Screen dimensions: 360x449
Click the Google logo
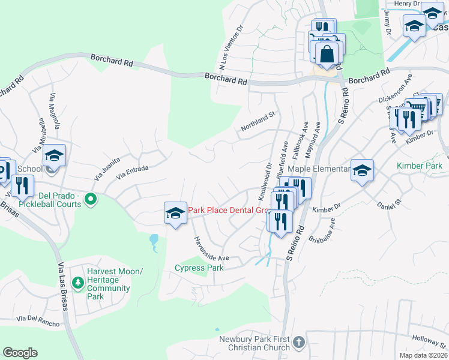pyautogui.click(x=20, y=353)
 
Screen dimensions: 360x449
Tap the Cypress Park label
pyautogui.click(x=199, y=268)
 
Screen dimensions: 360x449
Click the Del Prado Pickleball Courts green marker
pyautogui.click(x=91, y=199)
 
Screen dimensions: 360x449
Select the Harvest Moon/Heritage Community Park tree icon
pyautogui.click(x=77, y=281)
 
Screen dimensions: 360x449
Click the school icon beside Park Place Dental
pyautogui.click(x=175, y=212)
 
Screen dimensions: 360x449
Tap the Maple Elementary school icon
pyautogui.click(x=363, y=170)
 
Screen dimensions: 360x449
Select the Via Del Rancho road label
pyautogui.click(x=38, y=321)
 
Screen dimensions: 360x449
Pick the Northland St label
pyautogui.click(x=258, y=121)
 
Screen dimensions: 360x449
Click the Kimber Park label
pyautogui.click(x=419, y=165)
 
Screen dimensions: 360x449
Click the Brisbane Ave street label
pyautogui.click(x=325, y=230)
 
